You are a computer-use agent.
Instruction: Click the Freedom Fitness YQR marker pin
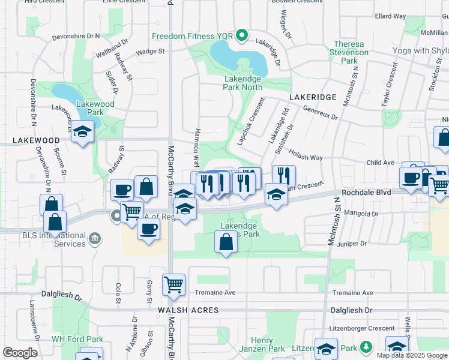pyautogui.click(x=242, y=36)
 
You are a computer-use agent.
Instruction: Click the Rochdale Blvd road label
pyautogui.click(x=366, y=193)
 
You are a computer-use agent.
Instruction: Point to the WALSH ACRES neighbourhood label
pyautogui.click(x=188, y=310)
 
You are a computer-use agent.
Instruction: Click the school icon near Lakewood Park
pyautogui.click(x=82, y=132)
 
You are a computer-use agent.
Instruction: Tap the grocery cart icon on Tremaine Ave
pyautogui.click(x=173, y=284)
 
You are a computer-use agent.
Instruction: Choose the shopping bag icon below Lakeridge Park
pyautogui.click(x=225, y=242)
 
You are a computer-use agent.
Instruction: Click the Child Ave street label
pyautogui.click(x=380, y=163)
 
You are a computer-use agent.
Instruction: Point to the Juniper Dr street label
pyautogui.click(x=351, y=244)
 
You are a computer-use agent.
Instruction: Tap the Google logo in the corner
pyautogui.click(x=20, y=352)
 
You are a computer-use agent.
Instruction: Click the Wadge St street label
pyautogui.click(x=150, y=52)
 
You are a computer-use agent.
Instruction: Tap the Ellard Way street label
pyautogui.click(x=390, y=16)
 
